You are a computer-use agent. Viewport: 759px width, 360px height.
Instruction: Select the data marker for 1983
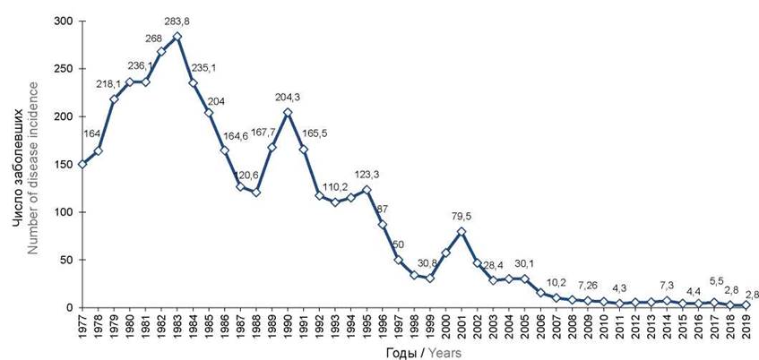click(177, 37)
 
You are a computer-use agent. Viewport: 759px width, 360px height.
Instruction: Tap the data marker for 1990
click(287, 112)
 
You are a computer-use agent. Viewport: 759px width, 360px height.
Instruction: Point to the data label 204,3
click(287, 98)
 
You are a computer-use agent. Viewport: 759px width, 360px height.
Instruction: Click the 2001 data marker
click(461, 231)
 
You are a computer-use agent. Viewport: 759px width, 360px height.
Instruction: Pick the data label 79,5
click(461, 217)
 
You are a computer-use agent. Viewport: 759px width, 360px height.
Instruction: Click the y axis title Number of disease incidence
click(34, 163)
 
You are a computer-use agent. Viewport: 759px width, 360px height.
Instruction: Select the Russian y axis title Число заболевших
click(17, 164)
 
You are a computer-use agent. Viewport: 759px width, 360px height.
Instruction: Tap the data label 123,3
click(368, 174)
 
